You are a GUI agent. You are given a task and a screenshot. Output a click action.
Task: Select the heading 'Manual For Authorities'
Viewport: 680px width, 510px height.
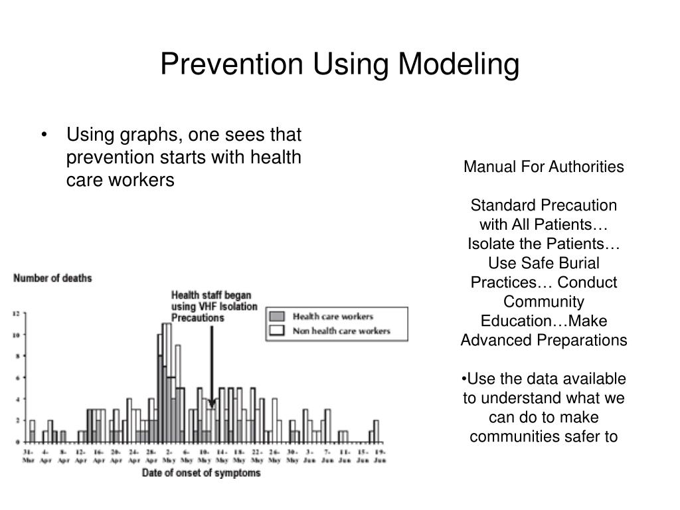point(544,167)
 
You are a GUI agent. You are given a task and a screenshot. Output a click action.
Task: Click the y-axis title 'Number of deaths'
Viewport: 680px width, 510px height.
point(53,278)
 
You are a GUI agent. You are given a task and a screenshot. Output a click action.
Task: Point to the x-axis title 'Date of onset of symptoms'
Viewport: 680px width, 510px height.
point(201,473)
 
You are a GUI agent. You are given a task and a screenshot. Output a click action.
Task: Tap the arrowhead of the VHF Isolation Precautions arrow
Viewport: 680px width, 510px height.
point(212,403)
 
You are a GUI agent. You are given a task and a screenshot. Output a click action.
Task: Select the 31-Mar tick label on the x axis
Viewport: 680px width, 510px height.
point(28,455)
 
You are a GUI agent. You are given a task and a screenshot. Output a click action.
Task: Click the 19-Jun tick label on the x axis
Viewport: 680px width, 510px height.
point(379,455)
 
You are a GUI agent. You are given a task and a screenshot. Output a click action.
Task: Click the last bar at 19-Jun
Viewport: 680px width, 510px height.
point(377,431)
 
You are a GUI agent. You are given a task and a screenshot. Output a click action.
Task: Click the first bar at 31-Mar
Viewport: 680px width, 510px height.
point(32,431)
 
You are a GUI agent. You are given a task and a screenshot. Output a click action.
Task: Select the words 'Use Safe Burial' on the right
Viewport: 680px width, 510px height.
point(544,263)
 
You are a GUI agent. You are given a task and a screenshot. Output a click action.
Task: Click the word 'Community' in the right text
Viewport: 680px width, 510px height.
point(544,301)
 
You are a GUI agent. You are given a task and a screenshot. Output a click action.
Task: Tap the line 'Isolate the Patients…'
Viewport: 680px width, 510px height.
point(544,244)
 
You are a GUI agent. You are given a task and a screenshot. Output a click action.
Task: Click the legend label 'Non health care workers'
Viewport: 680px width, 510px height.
point(341,330)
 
